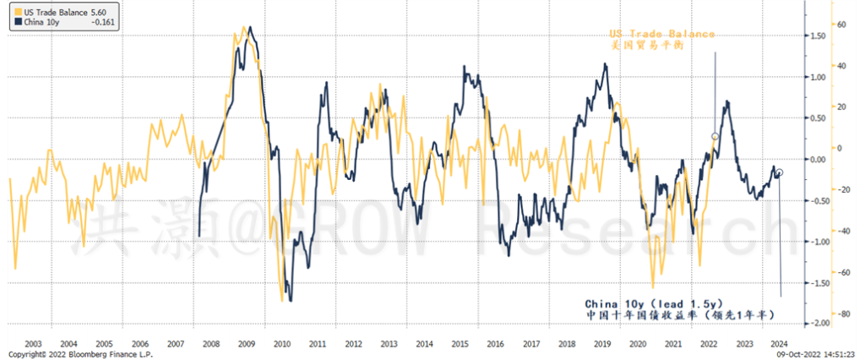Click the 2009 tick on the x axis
247,344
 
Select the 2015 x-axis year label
460,344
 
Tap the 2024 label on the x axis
781,344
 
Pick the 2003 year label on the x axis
34,344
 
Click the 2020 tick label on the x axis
638,344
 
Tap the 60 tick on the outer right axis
841,24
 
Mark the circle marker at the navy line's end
779,172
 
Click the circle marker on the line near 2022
715,136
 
